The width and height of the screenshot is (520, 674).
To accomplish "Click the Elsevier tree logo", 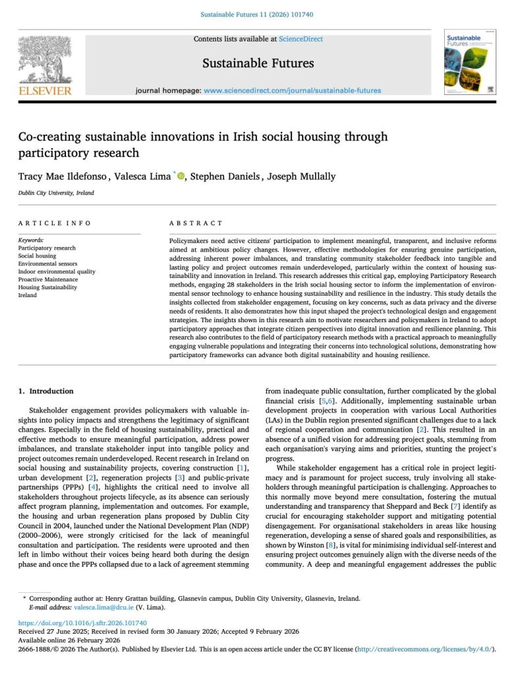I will pos(45,61).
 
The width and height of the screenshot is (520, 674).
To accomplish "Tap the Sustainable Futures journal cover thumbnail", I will pos(470,61).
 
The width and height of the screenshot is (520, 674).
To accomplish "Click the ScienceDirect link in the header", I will pos(301,39).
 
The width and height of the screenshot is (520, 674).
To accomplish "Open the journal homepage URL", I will pos(292,90).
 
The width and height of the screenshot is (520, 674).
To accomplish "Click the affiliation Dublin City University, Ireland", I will pos(56,193).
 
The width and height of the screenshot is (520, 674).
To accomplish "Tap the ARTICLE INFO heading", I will pos(55,223).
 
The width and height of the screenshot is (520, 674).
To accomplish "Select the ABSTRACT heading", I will pos(196,223).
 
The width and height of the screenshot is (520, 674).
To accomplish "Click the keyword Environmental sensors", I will pos(48,264).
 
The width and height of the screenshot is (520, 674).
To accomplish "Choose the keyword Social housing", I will pos(37,256).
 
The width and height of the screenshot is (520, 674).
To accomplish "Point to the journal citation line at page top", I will pos(259,14).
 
